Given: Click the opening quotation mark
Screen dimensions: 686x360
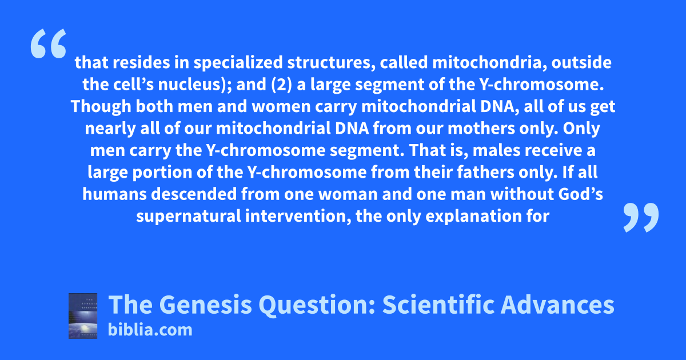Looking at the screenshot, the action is (49, 43).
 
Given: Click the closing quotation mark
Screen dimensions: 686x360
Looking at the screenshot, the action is (641, 217).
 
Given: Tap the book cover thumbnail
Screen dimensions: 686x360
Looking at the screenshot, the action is (83, 316).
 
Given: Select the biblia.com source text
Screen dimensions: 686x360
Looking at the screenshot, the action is (150, 330).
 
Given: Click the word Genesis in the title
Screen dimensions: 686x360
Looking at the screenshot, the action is (205, 305).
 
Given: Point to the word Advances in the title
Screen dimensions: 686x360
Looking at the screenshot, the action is (557, 305).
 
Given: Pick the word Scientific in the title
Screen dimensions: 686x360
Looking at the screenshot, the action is (438, 305).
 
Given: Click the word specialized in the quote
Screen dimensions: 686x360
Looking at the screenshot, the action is (238, 63).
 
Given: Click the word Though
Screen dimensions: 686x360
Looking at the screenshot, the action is (101, 106).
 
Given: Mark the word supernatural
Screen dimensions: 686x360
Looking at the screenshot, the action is (189, 217).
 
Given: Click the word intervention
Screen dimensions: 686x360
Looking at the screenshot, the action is (298, 217).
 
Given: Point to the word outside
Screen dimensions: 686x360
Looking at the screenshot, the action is (581, 63).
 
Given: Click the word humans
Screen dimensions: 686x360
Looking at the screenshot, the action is (114, 194).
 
